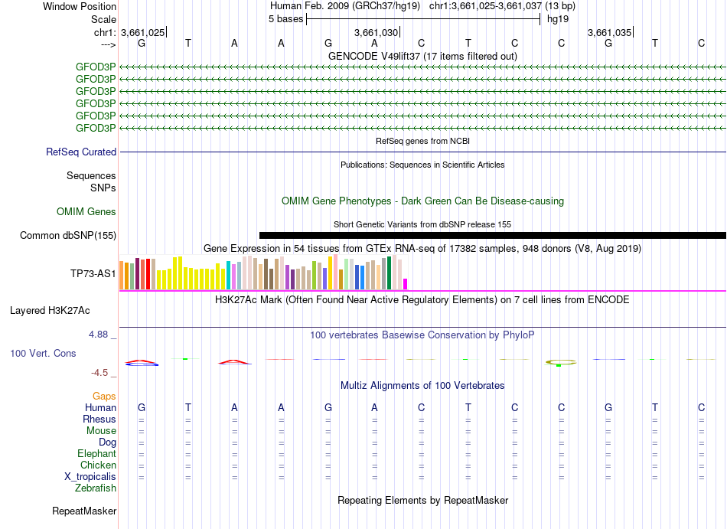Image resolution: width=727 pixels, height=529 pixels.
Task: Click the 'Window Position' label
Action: pos(80,6)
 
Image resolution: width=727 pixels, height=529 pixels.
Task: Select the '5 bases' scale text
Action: pos(285,18)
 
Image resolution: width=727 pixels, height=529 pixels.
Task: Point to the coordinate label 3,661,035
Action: pos(609,33)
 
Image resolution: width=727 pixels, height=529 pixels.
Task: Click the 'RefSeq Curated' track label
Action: pos(81,152)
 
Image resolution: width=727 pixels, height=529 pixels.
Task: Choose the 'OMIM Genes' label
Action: pos(86,211)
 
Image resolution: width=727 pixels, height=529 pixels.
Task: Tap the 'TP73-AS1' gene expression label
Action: pos(93,273)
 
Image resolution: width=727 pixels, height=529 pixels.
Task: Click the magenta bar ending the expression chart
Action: pos(406,283)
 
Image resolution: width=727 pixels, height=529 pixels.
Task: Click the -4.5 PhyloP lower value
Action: pos(101,373)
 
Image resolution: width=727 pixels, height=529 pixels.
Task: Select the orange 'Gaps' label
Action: pos(104,396)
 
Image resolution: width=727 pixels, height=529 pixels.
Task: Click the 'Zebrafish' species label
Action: pos(96,488)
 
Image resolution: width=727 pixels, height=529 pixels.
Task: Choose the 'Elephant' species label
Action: pos(96,453)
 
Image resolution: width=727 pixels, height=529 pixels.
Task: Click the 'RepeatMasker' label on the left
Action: pos(84,511)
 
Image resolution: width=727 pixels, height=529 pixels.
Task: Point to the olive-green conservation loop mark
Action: pos(561,361)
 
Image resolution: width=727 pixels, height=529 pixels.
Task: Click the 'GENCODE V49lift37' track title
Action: pos(422,56)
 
